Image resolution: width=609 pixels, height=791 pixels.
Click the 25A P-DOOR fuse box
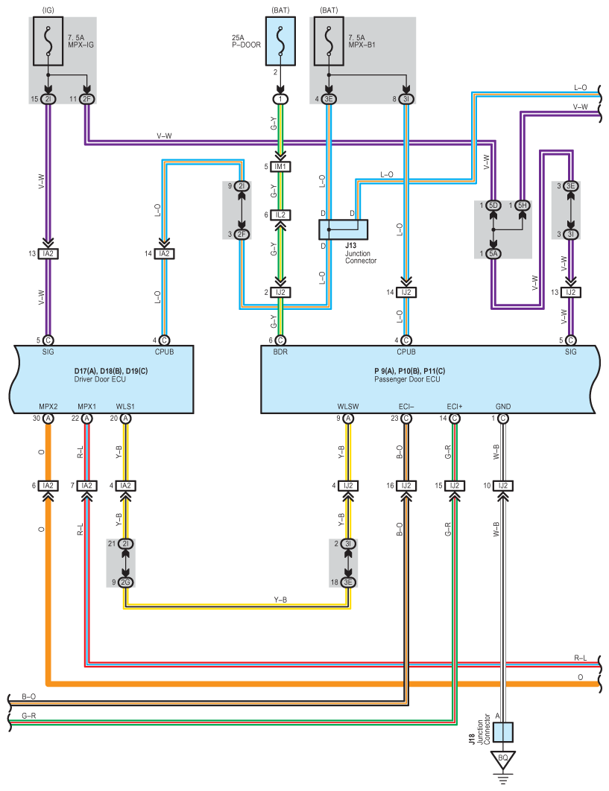tap(281, 41)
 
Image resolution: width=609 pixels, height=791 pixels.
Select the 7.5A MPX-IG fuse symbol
tap(48, 41)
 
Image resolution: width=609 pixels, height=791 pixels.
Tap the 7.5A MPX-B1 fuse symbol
tap(329, 41)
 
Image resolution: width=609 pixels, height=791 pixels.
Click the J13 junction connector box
tap(344, 229)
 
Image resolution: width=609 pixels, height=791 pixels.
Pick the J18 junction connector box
tap(503, 732)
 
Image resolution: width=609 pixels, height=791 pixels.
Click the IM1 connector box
tap(281, 167)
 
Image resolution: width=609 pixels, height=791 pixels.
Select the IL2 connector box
tap(281, 215)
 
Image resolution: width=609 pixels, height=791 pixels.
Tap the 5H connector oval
tap(522, 206)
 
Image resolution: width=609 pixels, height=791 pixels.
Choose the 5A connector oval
tap(493, 254)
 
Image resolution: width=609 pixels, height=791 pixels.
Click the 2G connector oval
tap(125, 582)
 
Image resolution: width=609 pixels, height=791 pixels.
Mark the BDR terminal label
tap(280, 352)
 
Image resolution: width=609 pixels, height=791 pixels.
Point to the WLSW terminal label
tap(348, 407)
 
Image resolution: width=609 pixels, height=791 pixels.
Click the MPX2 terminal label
tap(48, 407)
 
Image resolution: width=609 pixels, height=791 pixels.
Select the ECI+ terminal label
tap(455, 407)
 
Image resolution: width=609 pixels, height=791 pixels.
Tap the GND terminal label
tap(503, 407)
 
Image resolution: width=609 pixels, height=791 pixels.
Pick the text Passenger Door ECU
tap(407, 379)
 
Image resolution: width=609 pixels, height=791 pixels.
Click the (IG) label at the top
tap(48, 10)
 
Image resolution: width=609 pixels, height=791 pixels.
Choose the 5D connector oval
tap(493, 206)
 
